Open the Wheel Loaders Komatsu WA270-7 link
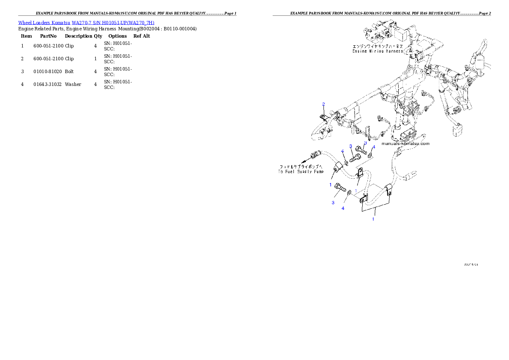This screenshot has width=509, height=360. click(x=86, y=23)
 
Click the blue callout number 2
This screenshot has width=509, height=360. click(x=323, y=104)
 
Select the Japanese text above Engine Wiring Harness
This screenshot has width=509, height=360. click(x=378, y=46)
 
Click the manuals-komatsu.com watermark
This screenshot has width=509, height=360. click(x=405, y=144)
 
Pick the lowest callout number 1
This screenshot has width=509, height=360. click(x=373, y=218)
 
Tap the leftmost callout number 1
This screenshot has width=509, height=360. click(x=330, y=185)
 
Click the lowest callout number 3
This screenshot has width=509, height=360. click(x=333, y=203)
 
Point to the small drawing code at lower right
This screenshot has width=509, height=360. click(x=471, y=265)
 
